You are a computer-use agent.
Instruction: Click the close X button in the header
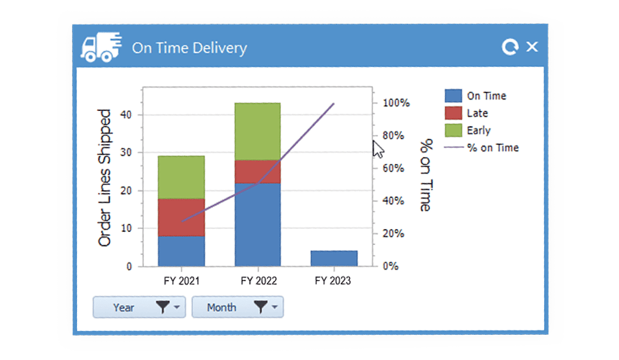532,47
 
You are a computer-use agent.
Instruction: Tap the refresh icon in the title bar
510,48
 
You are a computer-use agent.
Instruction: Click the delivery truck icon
99,47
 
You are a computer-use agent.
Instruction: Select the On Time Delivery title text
189,48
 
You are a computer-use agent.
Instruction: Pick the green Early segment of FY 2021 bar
181,176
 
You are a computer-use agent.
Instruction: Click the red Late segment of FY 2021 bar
181,217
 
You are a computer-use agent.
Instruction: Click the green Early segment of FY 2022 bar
257,131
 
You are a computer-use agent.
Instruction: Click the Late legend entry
476,113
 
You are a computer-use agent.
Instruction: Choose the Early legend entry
477,130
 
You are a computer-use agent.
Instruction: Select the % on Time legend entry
492,148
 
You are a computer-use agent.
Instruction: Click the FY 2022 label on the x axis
257,281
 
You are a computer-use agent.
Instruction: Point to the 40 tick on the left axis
126,114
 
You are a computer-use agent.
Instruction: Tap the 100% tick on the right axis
395,103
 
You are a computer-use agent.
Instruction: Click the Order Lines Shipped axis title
105,178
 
